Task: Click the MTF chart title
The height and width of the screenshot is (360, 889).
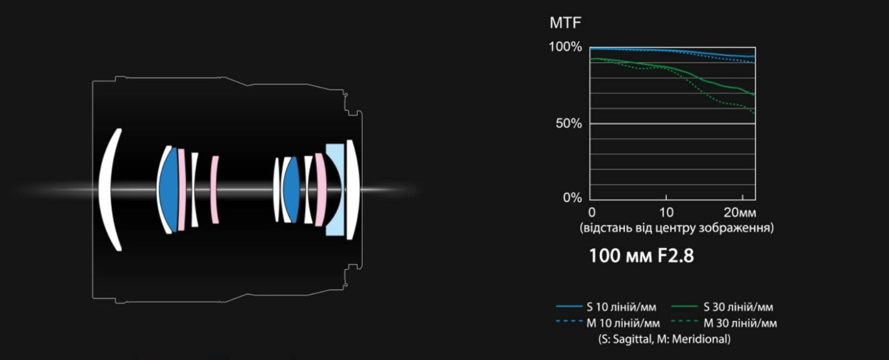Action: [x=565, y=23]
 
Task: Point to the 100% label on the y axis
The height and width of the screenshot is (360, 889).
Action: [x=565, y=47]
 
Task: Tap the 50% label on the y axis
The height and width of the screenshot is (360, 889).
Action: [x=569, y=123]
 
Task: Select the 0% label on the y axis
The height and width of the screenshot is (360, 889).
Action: [x=572, y=197]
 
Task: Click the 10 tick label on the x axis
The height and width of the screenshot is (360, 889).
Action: [x=666, y=213]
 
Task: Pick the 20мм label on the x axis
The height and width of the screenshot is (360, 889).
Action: [x=740, y=213]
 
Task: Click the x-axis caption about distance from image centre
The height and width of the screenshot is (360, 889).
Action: [x=677, y=228]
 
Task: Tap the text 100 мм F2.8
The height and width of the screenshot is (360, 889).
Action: [x=641, y=256]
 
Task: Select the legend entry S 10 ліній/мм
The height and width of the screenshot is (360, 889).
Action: [x=606, y=307]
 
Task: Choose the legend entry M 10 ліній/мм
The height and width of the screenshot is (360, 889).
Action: [x=608, y=323]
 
